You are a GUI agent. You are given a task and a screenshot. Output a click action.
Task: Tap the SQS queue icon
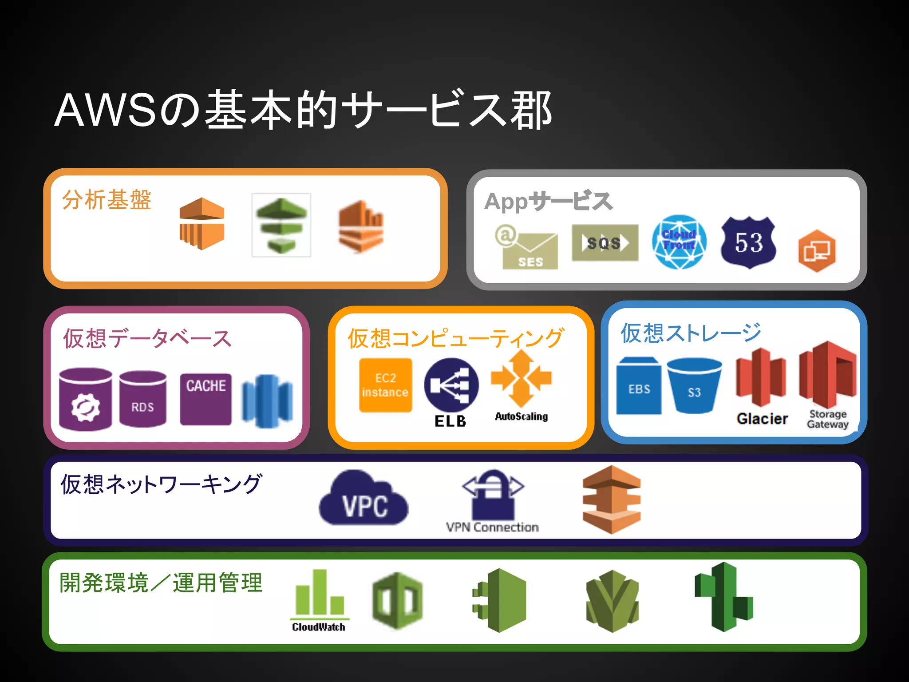pyautogui.click(x=605, y=243)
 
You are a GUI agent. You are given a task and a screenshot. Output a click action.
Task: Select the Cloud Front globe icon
pyautogui.click(x=679, y=242)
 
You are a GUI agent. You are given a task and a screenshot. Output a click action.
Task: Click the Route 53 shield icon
pyautogui.click(x=748, y=242)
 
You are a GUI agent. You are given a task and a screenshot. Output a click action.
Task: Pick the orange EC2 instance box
pyautogui.click(x=385, y=385)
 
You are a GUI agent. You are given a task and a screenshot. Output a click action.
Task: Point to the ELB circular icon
pyautogui.click(x=451, y=385)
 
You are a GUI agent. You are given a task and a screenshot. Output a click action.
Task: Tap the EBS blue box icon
pyautogui.click(x=639, y=386)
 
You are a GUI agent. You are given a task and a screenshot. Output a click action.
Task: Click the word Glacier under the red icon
pyautogui.click(x=762, y=419)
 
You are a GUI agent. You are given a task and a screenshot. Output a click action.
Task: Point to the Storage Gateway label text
pyautogui.click(x=827, y=419)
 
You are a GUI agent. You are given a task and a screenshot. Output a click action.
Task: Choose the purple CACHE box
pyautogui.click(x=206, y=399)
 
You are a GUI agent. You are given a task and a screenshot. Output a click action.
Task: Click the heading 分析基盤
pyautogui.click(x=107, y=200)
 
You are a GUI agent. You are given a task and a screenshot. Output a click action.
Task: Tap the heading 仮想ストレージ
pyautogui.click(x=691, y=333)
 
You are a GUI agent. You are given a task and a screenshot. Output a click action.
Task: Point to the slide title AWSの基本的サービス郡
pyautogui.click(x=303, y=110)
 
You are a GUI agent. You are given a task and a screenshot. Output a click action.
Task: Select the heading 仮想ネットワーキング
pyautogui.click(x=161, y=484)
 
